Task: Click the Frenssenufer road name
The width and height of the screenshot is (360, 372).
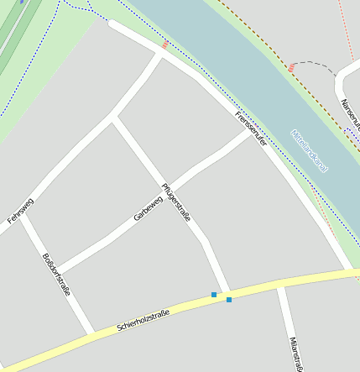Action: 252,129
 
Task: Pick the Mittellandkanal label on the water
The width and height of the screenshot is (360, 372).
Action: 309,150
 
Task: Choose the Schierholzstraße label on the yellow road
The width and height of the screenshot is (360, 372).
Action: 143,318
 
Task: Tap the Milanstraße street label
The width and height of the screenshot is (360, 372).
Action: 295,354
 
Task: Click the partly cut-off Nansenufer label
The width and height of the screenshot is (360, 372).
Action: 350,113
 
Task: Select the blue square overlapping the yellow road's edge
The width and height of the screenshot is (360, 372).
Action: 228,299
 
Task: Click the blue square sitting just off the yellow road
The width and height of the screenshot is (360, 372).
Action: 214,295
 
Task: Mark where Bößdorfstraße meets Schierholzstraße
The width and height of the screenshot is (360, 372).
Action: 91,331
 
